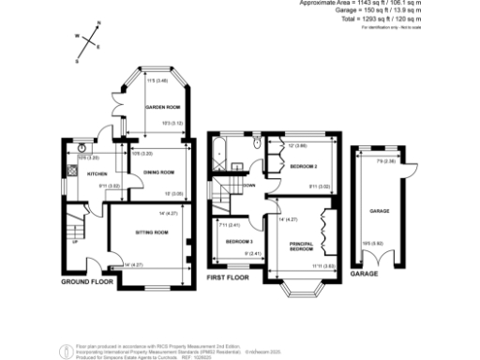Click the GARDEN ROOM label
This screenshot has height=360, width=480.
pos(161,109)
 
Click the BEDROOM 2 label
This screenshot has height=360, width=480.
pos(303,166)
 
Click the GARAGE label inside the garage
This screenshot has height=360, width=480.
pos(379,211)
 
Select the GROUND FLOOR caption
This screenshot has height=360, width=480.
pos(86,281)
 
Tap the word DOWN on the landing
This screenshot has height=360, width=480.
pos(249,186)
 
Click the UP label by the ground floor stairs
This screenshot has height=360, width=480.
pos(75,241)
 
